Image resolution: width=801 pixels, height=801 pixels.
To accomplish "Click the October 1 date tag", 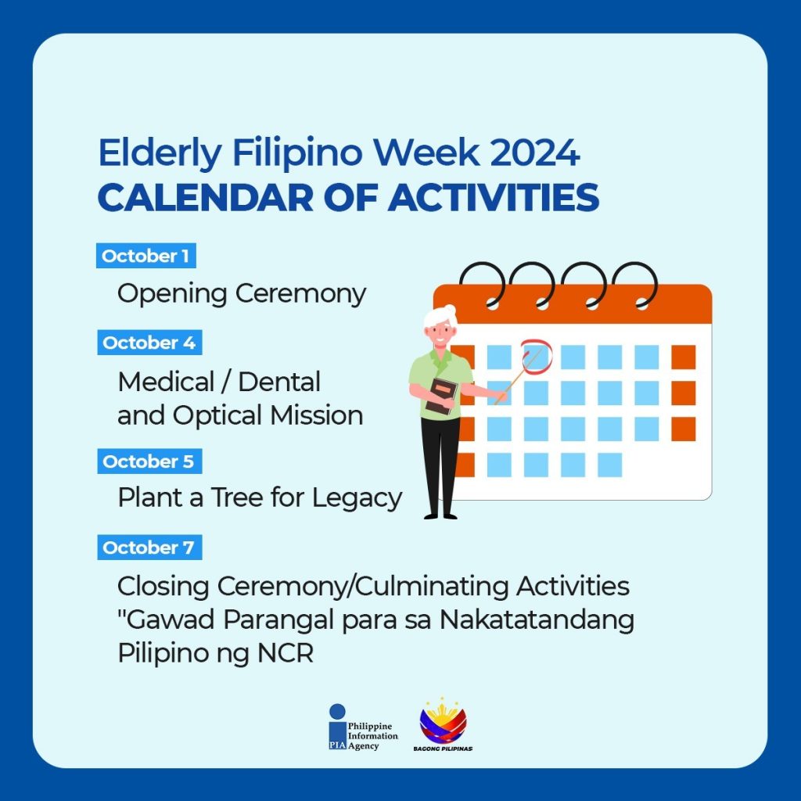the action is coord(146,256).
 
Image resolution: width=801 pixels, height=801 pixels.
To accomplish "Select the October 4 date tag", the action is coord(149,343).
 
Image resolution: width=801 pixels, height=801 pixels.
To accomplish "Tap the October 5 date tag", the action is coord(149,462).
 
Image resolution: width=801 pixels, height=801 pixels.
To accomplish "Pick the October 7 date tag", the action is coord(149,547).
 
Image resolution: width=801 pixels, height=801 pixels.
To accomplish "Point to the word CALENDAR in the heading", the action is coord(206,198).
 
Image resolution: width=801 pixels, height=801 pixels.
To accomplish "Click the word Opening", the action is coord(172,295).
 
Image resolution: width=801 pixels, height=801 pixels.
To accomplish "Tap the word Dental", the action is coord(279,382).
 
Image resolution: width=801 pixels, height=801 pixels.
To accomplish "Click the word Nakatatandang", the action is coord(537,620).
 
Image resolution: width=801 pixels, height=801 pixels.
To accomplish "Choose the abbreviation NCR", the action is coord(286,653).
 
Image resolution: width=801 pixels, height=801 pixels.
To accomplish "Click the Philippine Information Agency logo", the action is coord(363,727).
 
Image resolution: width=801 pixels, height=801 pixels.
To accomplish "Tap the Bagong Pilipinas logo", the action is coord(443,724).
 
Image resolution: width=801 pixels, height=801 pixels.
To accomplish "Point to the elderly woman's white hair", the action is coord(440,316).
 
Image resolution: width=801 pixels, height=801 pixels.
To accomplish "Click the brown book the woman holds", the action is coord(441,395).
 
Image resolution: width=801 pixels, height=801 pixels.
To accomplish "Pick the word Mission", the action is coord(317,415).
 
